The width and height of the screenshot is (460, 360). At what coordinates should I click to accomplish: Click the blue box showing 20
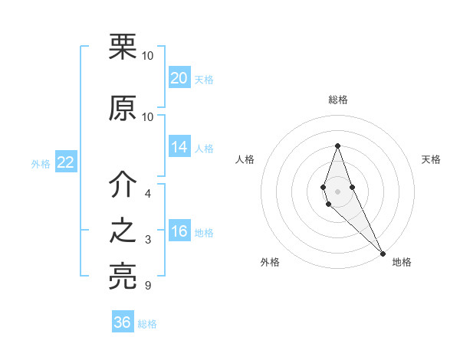pos(179,78)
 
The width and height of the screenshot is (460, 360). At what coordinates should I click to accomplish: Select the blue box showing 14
pos(179,148)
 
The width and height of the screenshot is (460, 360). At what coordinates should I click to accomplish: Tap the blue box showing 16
pos(179,232)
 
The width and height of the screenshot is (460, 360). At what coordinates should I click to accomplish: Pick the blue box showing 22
pos(65,162)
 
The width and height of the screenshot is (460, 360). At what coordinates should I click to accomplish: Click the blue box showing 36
pos(123,322)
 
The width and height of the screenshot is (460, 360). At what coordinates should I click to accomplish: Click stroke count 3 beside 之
pos(147,241)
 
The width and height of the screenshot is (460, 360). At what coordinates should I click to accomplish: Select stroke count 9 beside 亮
pos(147,286)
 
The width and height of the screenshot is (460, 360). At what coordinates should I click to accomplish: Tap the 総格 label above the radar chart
pos(338,100)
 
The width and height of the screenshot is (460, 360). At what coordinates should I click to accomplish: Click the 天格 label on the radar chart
pos(432,159)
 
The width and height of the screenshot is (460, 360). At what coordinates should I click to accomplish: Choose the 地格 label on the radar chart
pos(402,262)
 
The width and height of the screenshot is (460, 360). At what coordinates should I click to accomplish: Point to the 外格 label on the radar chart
pos(270,262)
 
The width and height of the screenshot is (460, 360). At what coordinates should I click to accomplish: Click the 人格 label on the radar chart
pos(245,159)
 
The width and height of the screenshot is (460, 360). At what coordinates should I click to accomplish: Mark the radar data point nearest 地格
pos(383,253)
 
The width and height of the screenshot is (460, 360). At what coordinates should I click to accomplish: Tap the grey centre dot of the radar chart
pos(338,191)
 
